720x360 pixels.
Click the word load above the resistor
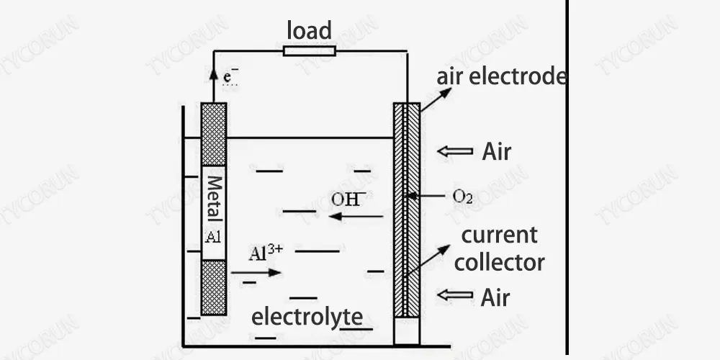[309, 31]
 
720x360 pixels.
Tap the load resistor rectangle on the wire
[309, 51]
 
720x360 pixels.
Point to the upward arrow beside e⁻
[213, 78]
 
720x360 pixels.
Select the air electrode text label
[501, 77]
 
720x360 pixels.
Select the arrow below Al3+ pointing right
[256, 273]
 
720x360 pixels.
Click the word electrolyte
[307, 316]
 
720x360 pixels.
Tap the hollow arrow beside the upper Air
[455, 152]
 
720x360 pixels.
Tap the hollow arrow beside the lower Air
[455, 295]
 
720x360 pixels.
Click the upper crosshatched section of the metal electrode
[214, 135]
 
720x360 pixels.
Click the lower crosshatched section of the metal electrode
[214, 287]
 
